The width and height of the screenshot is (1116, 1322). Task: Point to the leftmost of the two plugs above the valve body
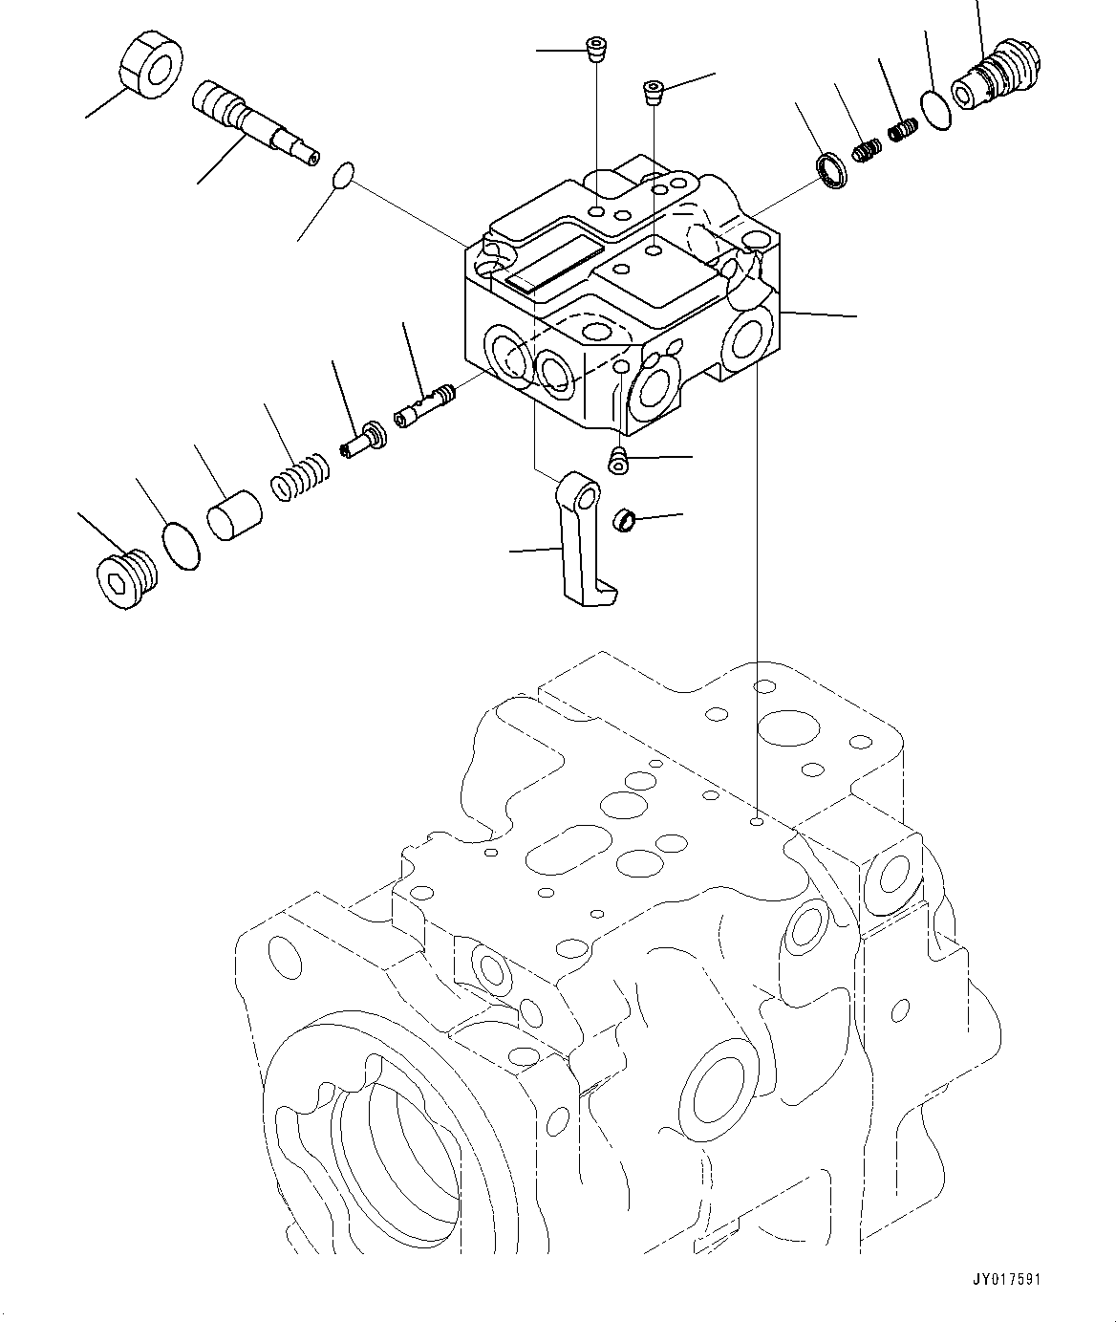tap(596, 48)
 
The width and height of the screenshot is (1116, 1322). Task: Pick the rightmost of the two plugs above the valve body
tap(653, 92)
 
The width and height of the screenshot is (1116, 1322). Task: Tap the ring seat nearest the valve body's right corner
tap(832, 173)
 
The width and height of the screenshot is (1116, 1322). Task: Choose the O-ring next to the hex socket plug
tap(182, 546)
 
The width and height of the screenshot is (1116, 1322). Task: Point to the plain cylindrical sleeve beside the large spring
tap(234, 516)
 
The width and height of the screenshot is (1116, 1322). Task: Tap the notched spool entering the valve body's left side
tap(422, 406)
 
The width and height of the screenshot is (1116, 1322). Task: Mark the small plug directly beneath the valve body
tap(619, 460)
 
